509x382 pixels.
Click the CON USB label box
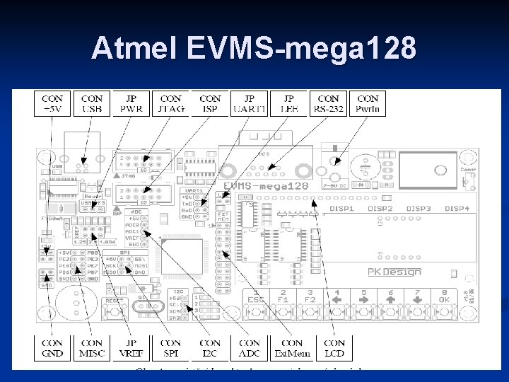tap(92, 103)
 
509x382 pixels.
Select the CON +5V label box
tap(52, 103)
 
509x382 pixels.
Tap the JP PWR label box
tap(131, 103)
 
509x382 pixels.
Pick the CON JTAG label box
tap(171, 103)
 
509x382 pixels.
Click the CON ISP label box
tap(210, 103)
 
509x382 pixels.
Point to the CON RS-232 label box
tap(328, 103)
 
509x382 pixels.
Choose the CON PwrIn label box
tap(368, 103)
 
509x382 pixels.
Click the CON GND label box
tap(52, 348)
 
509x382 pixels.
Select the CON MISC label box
tap(92, 348)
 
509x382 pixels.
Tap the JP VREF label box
tap(131, 348)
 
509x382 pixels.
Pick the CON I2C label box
tap(210, 348)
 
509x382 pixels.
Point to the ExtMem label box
tap(292, 348)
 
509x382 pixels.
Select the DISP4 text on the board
tap(457, 209)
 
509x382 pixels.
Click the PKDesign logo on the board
tap(394, 272)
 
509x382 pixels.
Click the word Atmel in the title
tap(135, 49)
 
